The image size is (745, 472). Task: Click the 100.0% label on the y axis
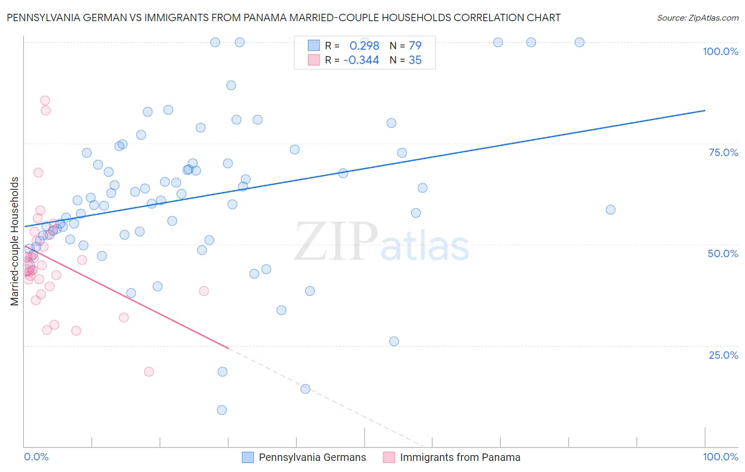[720, 51]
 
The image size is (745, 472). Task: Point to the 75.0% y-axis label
[723, 152]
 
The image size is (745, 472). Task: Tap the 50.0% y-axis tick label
[723, 253]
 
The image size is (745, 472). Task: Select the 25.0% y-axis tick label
[723, 355]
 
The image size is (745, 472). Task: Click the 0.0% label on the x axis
[36, 457]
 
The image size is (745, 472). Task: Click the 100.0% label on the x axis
[720, 457]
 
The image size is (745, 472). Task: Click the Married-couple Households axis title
[15, 241]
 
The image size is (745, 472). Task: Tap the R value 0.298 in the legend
[364, 46]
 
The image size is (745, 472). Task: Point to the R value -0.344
[361, 60]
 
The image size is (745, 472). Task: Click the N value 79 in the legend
[415, 46]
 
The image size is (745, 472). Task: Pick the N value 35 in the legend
[415, 60]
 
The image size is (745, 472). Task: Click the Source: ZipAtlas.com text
[697, 17]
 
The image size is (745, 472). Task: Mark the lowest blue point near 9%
[222, 410]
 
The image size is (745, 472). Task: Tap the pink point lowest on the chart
[149, 372]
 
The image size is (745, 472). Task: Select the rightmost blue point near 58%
[610, 210]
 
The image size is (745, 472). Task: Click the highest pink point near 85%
[45, 101]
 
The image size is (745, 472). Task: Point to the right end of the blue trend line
[705, 110]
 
